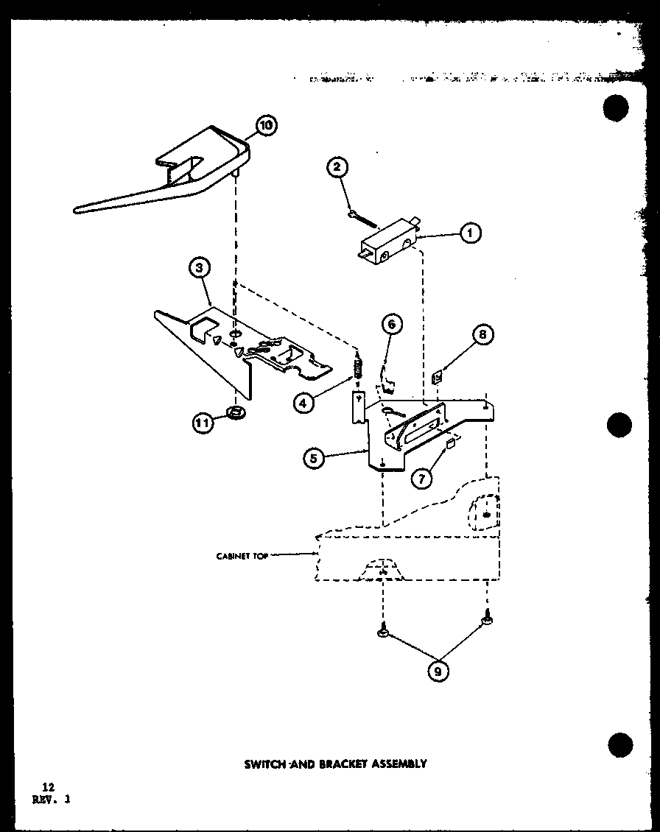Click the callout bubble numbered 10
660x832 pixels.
coord(266,126)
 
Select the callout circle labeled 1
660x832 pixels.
coord(470,234)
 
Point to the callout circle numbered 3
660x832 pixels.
coord(200,269)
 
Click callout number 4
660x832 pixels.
coord(303,403)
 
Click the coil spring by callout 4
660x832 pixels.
coord(359,366)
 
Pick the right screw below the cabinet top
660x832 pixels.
coord(486,623)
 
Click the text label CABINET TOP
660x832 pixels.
coord(242,556)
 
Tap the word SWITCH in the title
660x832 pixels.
coord(266,764)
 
